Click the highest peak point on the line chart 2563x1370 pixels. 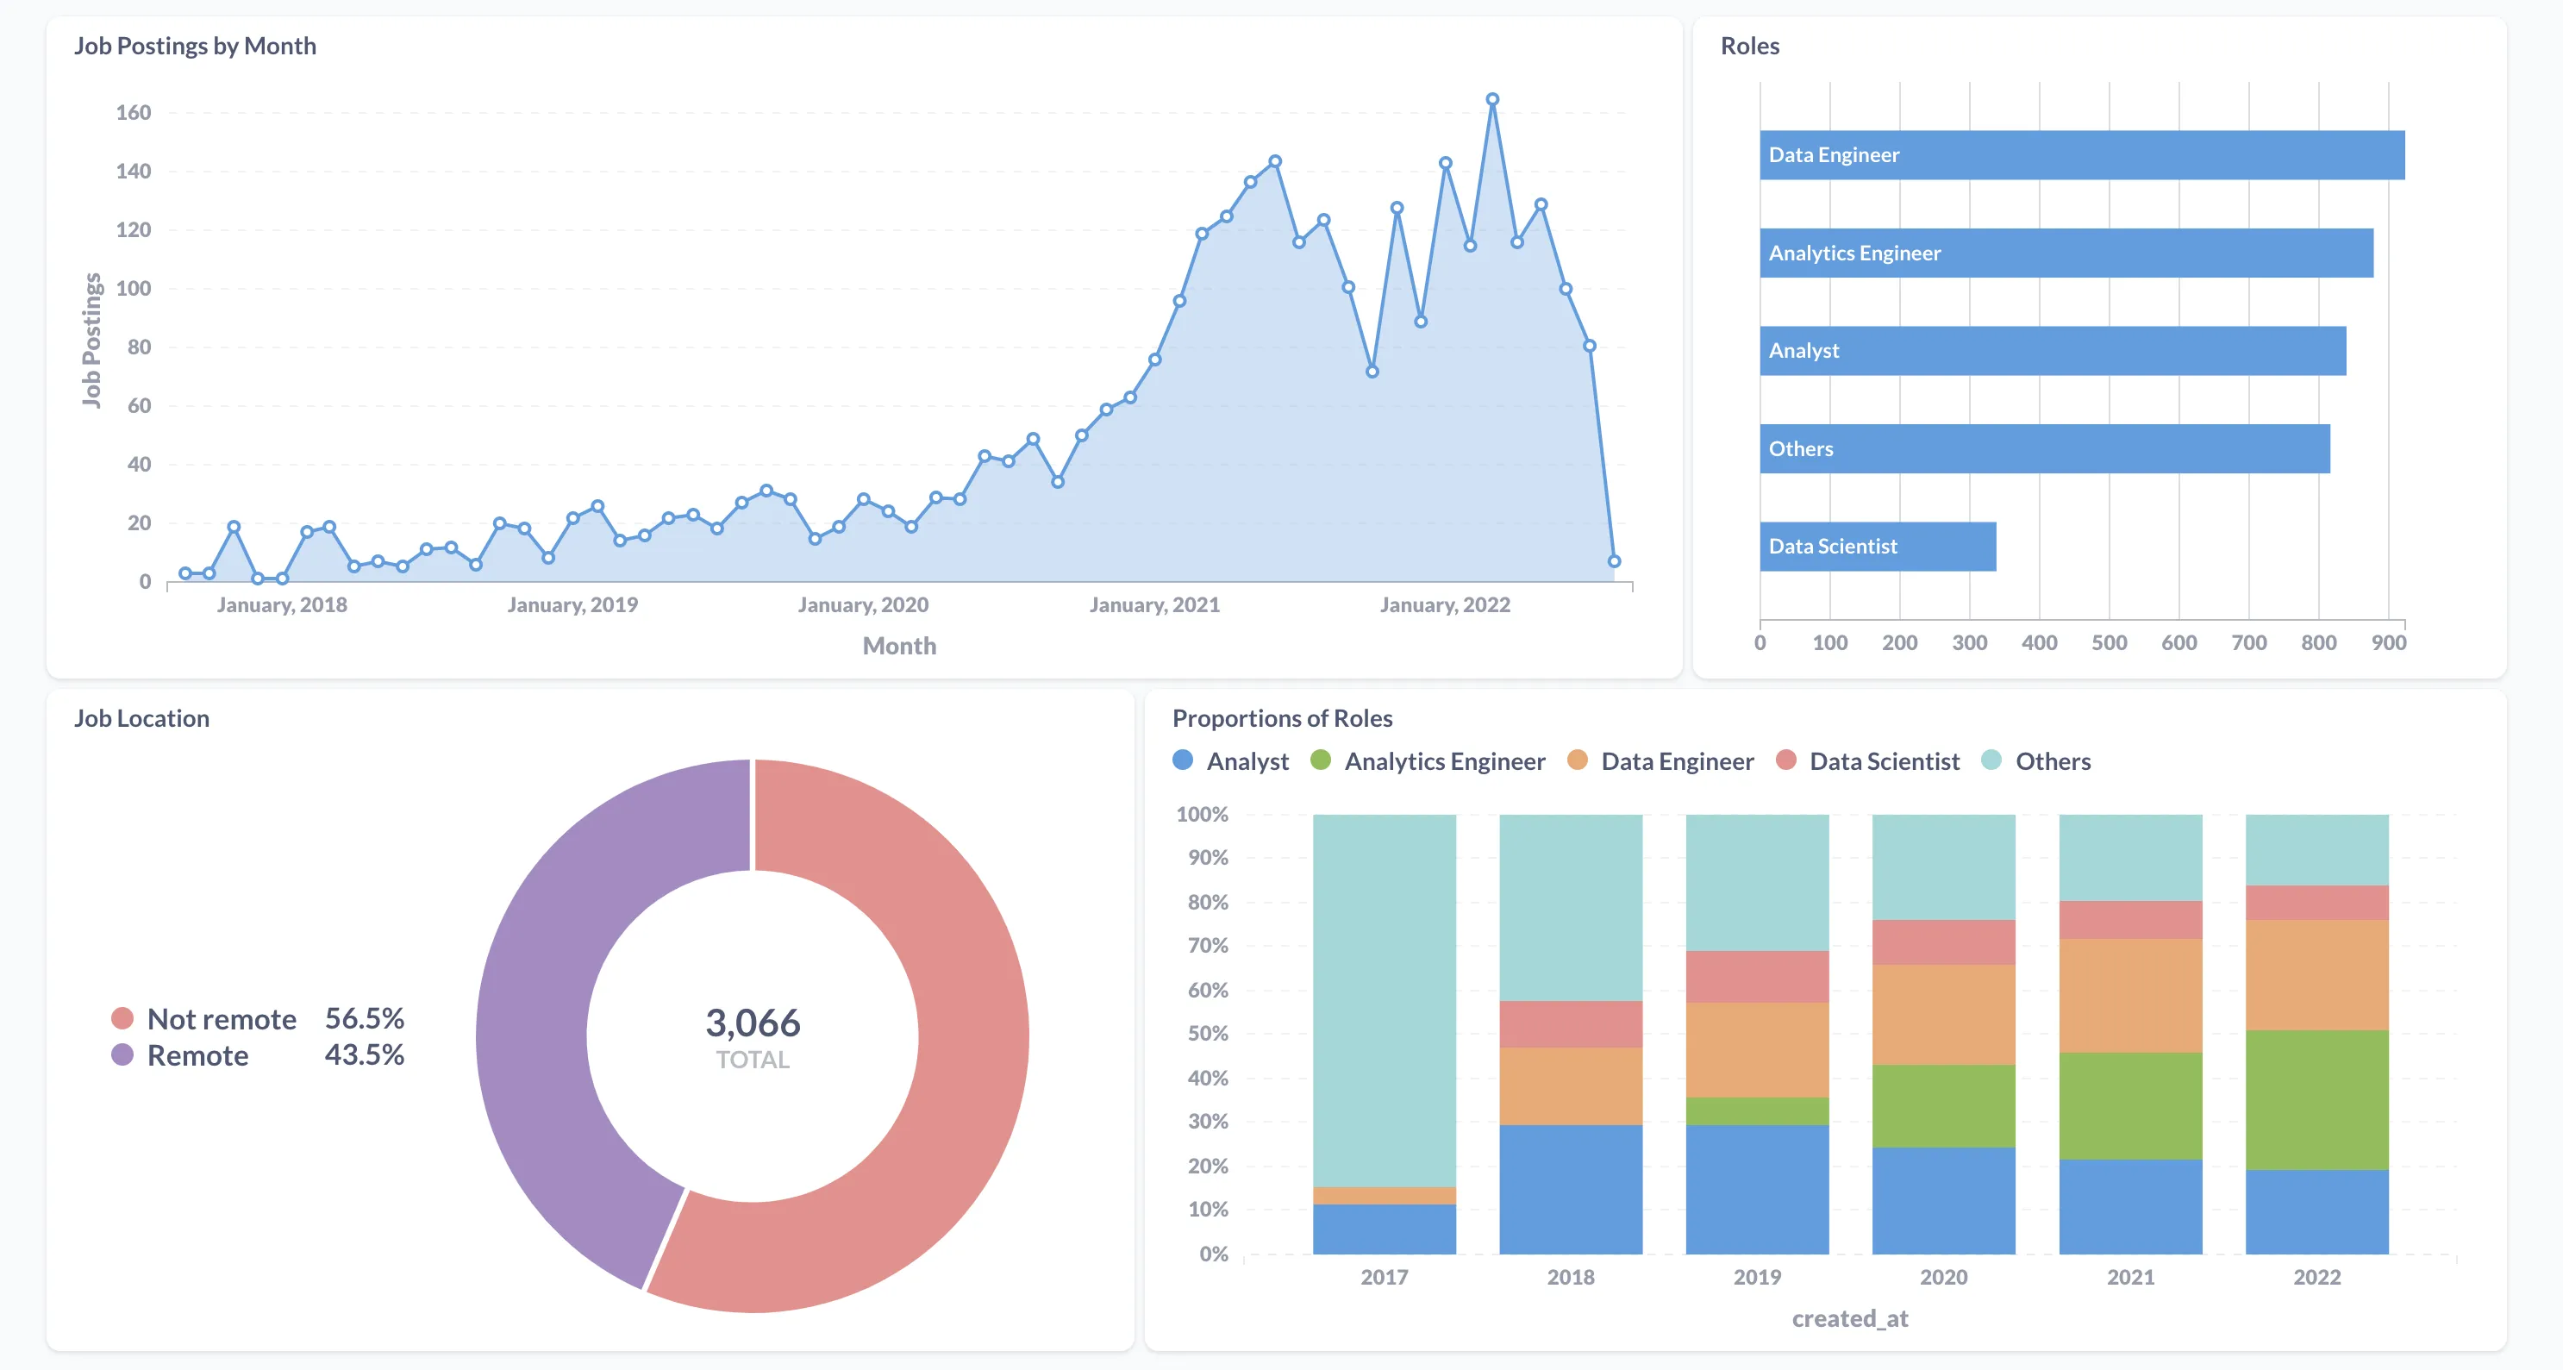[x=1491, y=99]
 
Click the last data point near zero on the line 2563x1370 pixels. [x=1614, y=561]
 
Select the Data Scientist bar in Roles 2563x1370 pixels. [x=1877, y=547]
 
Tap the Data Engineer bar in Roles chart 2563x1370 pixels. [x=2081, y=155]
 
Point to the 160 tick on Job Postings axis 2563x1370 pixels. [x=134, y=112]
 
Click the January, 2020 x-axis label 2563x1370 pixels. [x=863, y=605]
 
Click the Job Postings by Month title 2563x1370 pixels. [x=195, y=46]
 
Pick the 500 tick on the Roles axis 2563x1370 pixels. [x=2109, y=642]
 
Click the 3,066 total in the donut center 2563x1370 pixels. [x=753, y=1023]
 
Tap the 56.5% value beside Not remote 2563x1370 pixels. [x=364, y=1019]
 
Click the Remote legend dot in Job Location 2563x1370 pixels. [x=122, y=1054]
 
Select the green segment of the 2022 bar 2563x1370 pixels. [x=2316, y=1099]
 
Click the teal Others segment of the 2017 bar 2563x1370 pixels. [x=1384, y=995]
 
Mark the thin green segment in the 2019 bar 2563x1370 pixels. [x=1757, y=1110]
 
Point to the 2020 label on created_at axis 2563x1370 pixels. [x=1943, y=1277]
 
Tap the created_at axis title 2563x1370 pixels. [x=1849, y=1318]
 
